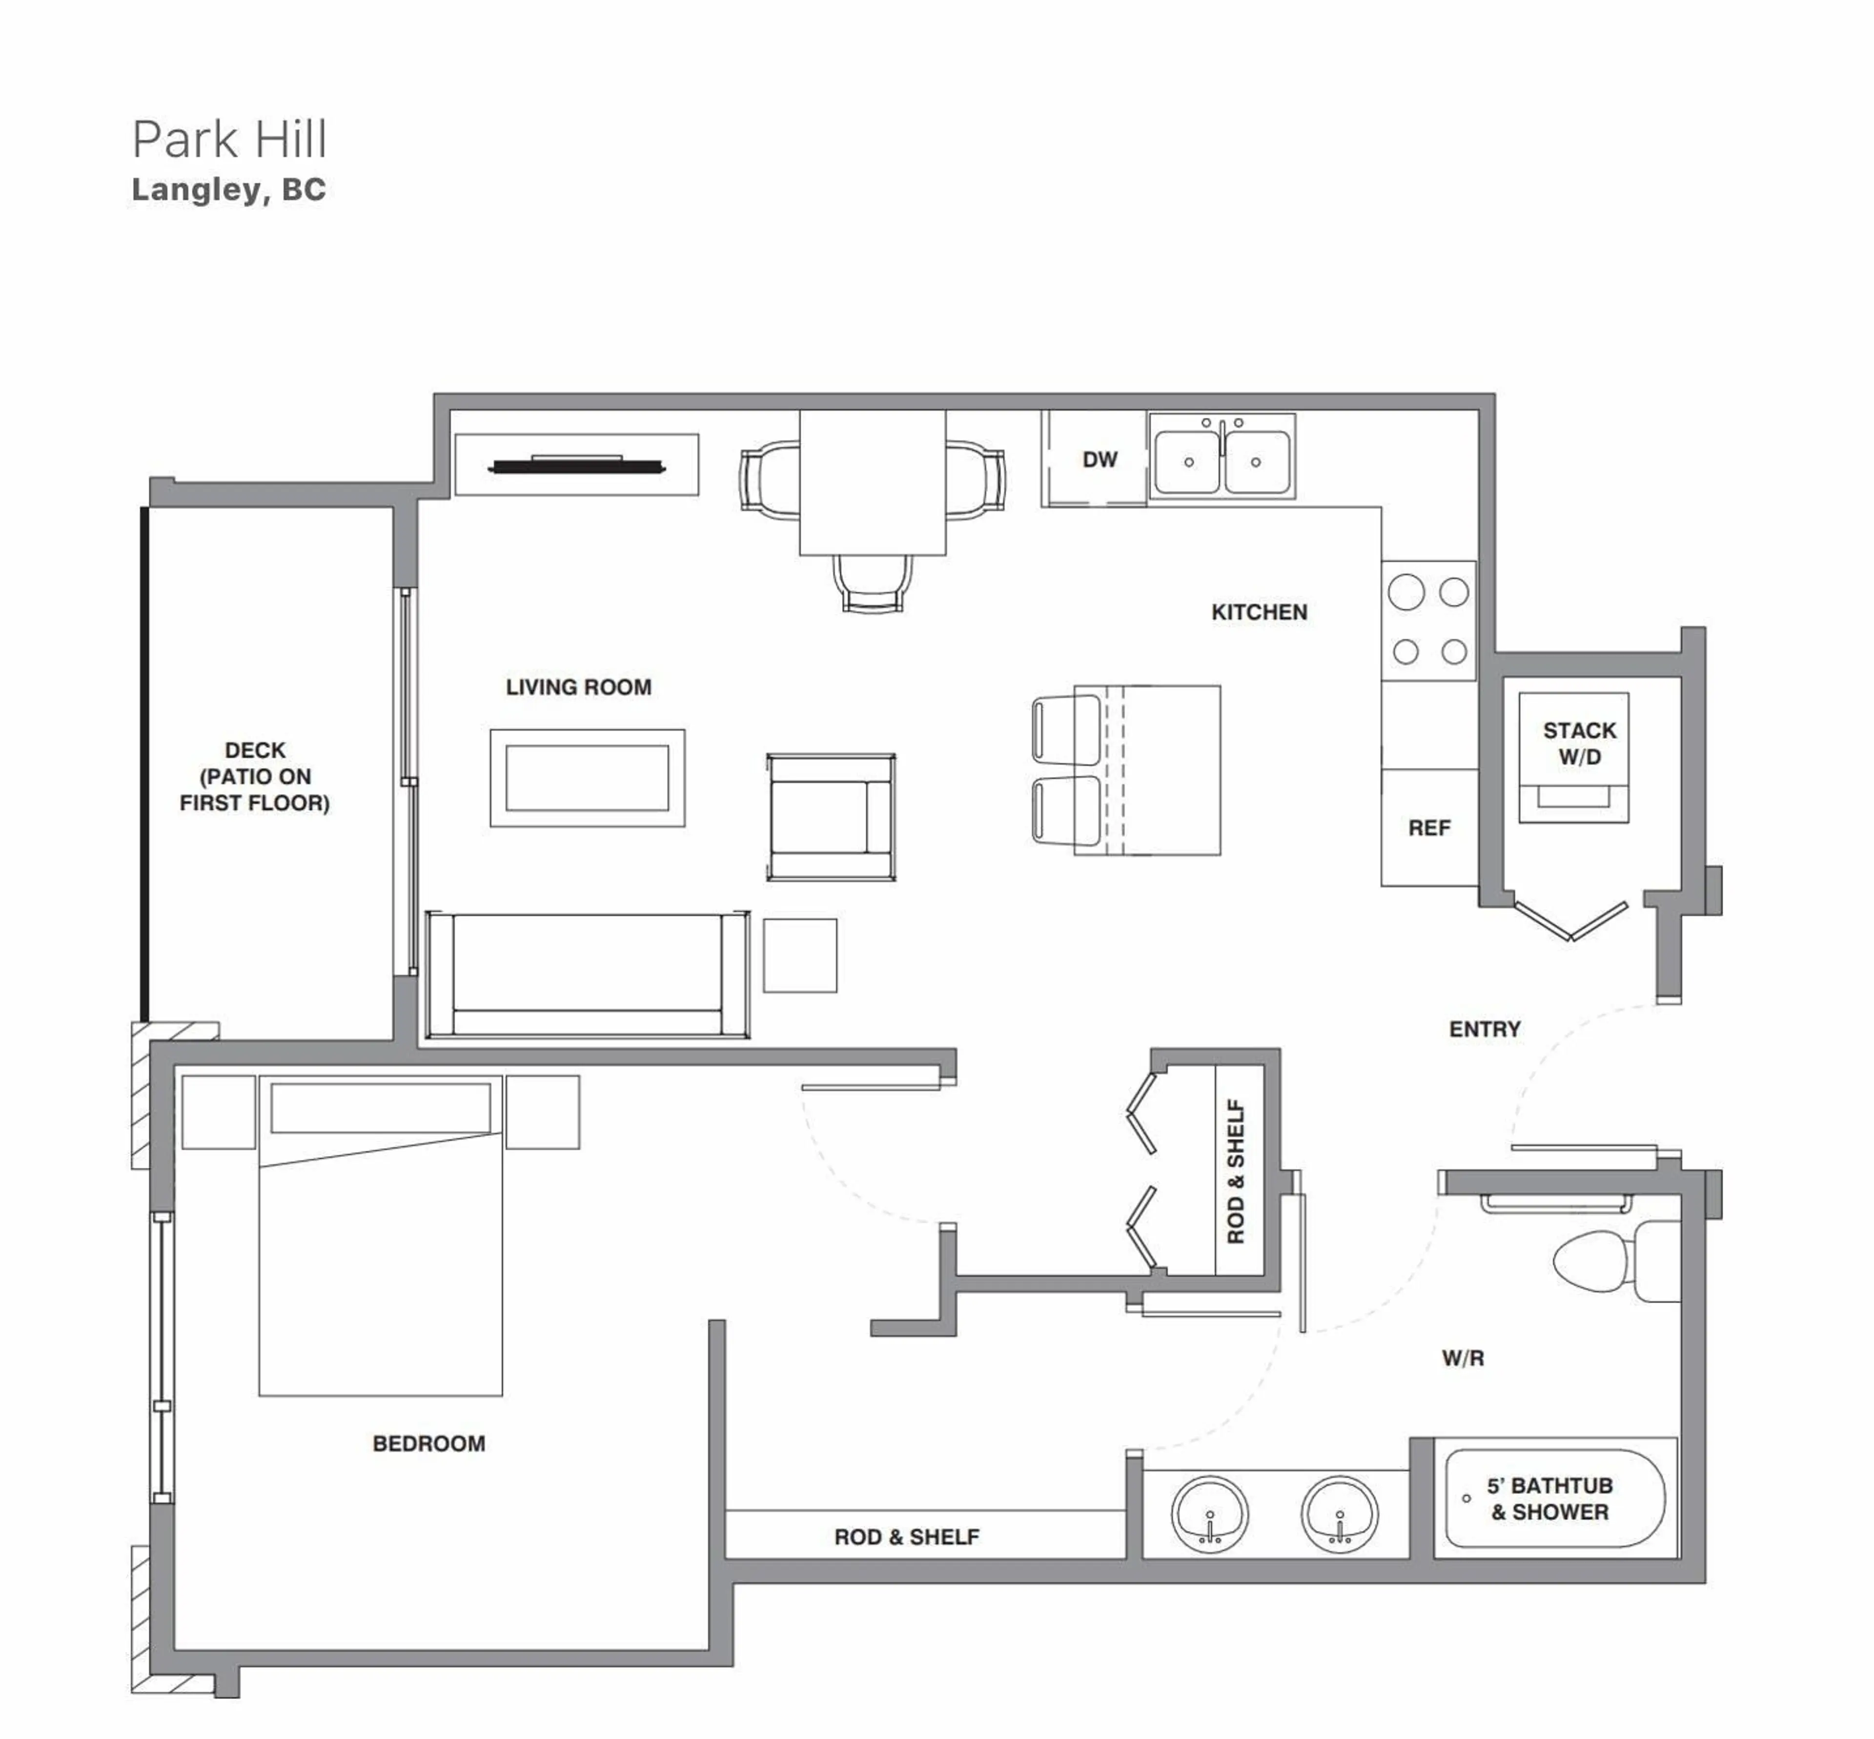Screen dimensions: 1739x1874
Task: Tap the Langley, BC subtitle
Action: [x=228, y=190]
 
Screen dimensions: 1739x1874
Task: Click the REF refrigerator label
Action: [x=1428, y=828]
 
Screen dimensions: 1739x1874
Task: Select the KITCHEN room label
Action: [x=1259, y=613]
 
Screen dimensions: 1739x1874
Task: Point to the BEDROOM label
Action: [x=429, y=1444]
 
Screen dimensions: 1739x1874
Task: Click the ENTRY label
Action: [x=1485, y=1030]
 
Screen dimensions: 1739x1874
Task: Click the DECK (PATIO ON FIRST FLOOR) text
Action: [x=255, y=776]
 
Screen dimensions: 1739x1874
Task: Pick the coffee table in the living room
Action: [x=587, y=778]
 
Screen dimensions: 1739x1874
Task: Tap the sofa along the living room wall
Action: [x=587, y=975]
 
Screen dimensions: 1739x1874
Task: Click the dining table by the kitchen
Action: [x=872, y=482]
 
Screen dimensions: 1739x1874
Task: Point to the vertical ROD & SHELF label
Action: [x=1235, y=1172]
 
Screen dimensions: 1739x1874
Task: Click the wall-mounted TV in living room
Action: [x=576, y=465]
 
